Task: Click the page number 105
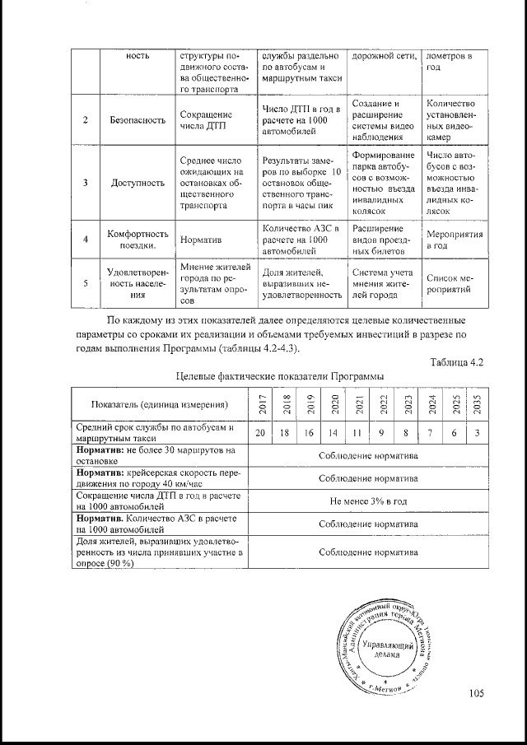tap(476, 692)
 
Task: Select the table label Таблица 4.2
tap(455, 362)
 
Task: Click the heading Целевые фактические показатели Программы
tap(280, 375)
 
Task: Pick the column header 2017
tap(261, 403)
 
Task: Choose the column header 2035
tap(477, 403)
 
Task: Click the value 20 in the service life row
tap(260, 433)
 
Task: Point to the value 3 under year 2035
tap(477, 433)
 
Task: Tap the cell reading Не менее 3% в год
tap(368, 500)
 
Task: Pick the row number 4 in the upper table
tap(86, 239)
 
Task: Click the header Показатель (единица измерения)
tap(160, 404)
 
